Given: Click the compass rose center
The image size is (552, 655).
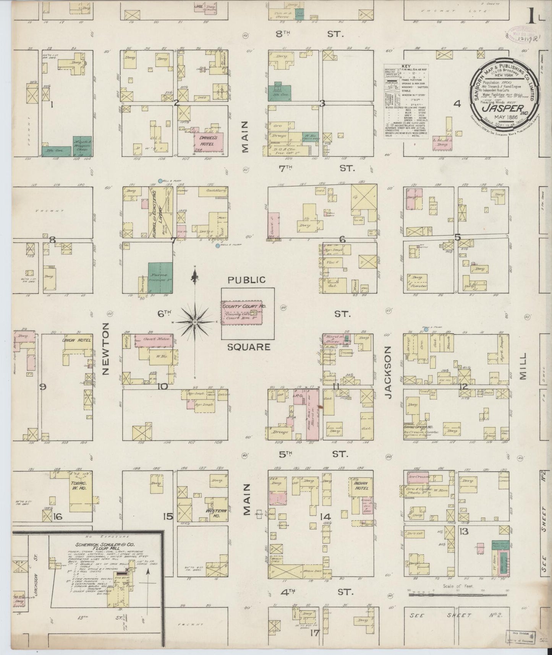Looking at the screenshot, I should (x=195, y=322).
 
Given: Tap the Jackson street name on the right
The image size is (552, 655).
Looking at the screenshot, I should (x=389, y=373).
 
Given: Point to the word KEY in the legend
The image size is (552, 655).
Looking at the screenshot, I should (x=406, y=66).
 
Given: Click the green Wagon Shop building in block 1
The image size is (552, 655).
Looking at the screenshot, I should (x=82, y=146).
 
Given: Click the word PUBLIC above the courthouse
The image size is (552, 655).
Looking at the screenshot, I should (x=246, y=280).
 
